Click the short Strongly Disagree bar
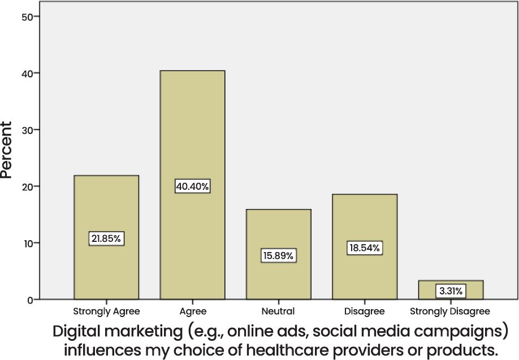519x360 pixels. pos(451,285)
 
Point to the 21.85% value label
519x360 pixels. pos(106,238)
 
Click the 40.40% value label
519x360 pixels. pos(192,186)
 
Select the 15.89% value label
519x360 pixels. pos(278,255)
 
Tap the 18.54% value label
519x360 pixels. pos(365,248)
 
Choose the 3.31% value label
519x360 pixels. pos(451,292)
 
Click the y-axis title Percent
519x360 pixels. pos(7,149)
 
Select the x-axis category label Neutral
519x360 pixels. pos(278,311)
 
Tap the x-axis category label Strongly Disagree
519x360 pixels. pos(450,311)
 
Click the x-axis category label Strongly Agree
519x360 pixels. pos(106,311)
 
